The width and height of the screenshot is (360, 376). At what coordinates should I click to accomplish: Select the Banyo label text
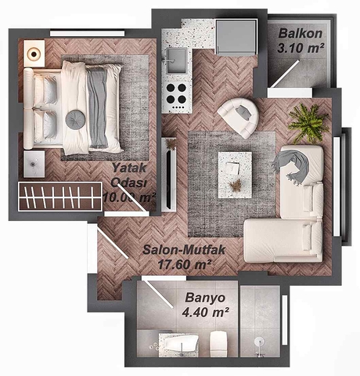206,298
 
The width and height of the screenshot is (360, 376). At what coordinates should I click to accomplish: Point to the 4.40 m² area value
205,313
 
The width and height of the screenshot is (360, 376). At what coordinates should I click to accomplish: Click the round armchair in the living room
239,117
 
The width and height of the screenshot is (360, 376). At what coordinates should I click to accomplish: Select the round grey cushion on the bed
75,118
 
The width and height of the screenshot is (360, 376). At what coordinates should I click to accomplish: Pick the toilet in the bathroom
218,342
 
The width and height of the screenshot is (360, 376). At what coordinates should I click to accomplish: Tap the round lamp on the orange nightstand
34,53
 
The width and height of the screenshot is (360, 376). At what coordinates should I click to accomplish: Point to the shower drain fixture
260,342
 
